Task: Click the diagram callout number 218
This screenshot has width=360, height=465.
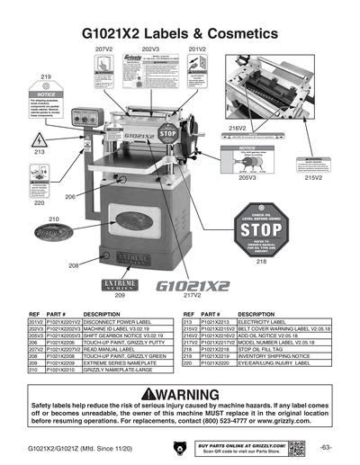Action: pos(261,262)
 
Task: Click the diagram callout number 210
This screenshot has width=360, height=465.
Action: pos(53,219)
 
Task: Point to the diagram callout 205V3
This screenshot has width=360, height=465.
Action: pos(247,178)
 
